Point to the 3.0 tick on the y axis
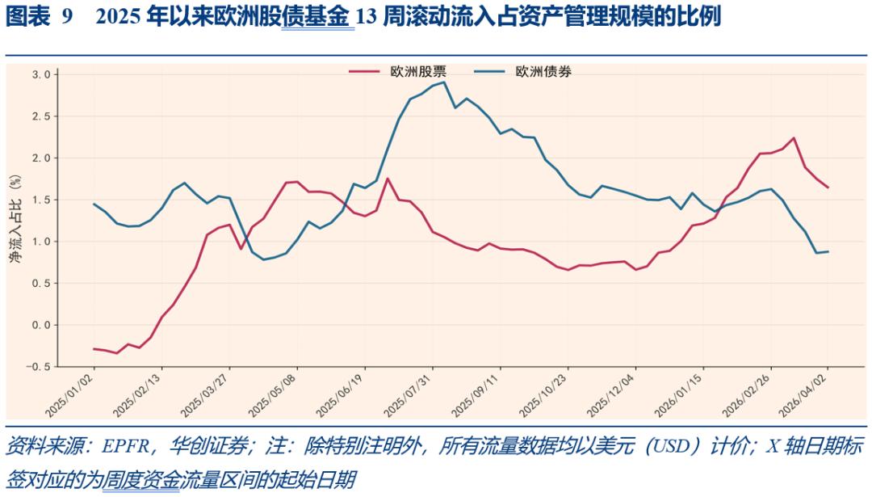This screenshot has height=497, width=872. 41,74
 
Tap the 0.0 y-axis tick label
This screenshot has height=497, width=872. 41,325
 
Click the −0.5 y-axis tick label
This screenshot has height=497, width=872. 37,367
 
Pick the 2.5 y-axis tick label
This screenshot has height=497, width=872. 41,116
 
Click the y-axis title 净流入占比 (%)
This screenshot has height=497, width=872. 15,219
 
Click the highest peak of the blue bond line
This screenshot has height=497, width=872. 444,82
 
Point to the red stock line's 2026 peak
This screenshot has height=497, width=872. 794,138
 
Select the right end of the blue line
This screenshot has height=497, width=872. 828,251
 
